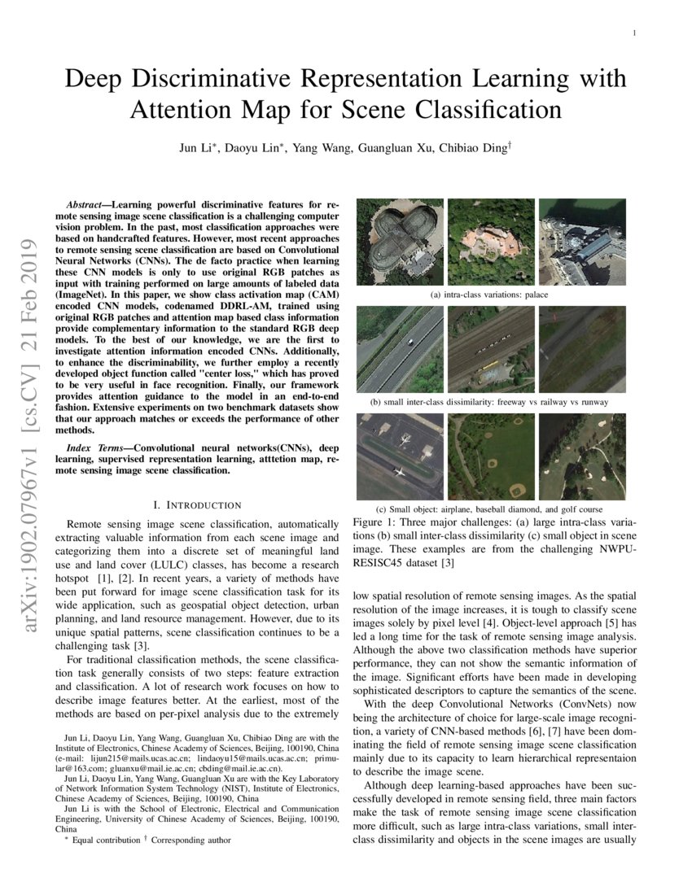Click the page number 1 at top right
633,33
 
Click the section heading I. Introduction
197,505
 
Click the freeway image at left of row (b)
400,349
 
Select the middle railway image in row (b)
491,349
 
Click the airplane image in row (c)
400,456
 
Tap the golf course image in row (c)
583,456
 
